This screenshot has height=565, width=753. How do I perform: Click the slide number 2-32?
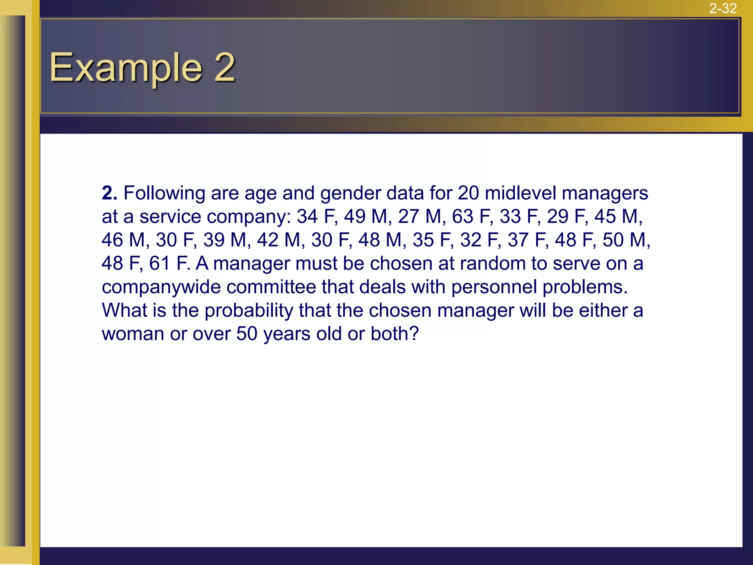click(723, 8)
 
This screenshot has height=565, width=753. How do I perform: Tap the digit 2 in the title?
click(225, 67)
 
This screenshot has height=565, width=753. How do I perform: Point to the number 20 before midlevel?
click(468, 193)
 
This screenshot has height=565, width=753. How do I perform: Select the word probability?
click(249, 311)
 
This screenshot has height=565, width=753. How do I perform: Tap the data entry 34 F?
click(317, 217)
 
